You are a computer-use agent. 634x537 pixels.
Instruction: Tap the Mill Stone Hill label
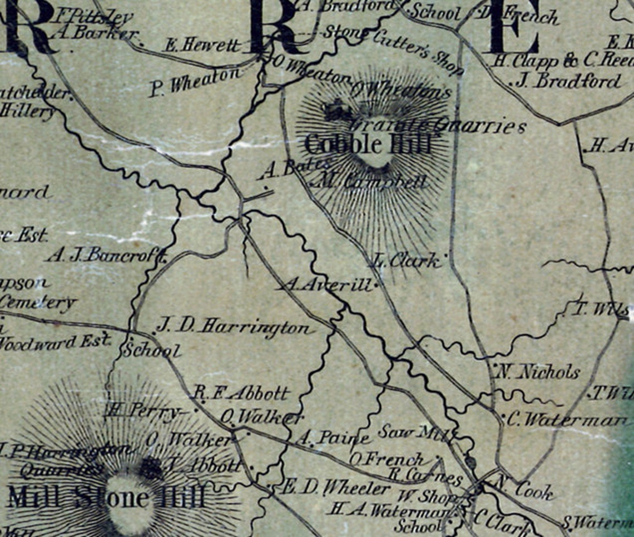coord(106,496)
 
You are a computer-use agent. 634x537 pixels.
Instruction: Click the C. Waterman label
coord(567,419)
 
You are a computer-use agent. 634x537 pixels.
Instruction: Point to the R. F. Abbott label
coord(241,394)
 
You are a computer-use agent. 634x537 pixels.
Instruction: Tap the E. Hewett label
coord(202,44)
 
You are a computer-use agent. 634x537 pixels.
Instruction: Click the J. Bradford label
coord(568,81)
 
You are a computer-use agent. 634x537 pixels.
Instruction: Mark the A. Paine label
coord(333,439)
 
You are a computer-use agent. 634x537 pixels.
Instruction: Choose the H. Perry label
coord(142,411)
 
